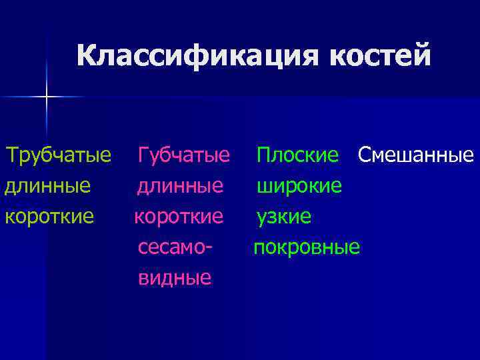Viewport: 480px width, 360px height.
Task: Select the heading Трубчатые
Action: (x=58, y=157)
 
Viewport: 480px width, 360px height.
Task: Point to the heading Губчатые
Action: (x=184, y=157)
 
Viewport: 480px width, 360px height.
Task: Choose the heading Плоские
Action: (x=298, y=157)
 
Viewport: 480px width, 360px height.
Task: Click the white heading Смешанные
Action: (x=415, y=157)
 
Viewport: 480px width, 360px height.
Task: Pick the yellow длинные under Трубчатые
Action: (x=48, y=186)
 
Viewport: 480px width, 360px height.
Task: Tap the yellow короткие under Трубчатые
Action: (x=49, y=217)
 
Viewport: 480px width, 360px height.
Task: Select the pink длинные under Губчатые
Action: (x=181, y=186)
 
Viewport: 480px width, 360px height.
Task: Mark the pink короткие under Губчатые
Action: (x=179, y=217)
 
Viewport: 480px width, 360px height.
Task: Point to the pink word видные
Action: (x=175, y=278)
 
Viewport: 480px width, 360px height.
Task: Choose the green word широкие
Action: (x=301, y=186)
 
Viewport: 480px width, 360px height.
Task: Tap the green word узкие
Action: (x=285, y=217)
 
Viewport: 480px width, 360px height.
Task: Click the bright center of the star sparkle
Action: (x=47, y=97)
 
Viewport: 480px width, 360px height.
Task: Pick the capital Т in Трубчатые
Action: (x=12, y=157)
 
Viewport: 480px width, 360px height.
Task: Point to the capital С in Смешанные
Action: (x=364, y=157)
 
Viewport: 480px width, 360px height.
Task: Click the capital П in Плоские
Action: (x=264, y=157)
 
